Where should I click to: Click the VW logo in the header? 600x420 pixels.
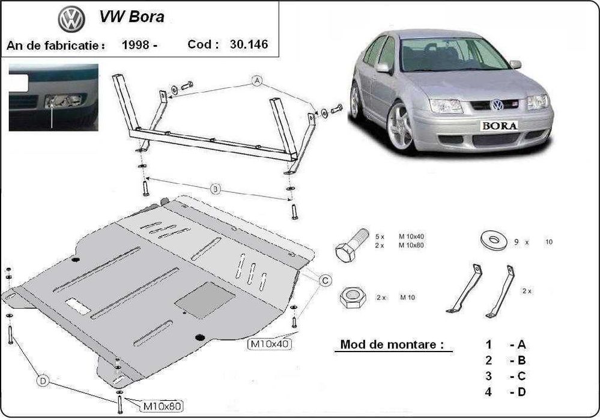tap(71, 19)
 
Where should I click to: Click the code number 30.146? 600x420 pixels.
tap(248, 44)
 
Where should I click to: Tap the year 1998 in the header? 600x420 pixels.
tap(135, 44)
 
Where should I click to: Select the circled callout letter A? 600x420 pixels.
tap(258, 82)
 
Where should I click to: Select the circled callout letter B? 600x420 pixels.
tap(216, 189)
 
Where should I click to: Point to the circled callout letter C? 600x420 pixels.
tap(325, 279)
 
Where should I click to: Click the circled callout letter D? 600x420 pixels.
tap(43, 381)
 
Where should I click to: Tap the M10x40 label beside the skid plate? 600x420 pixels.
tap(268, 344)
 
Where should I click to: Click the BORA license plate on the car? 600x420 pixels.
tap(498, 125)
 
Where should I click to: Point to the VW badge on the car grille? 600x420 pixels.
tap(497, 105)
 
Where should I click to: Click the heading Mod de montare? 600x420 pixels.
tap(392, 345)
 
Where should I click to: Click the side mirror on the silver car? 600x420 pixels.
tap(384, 68)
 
